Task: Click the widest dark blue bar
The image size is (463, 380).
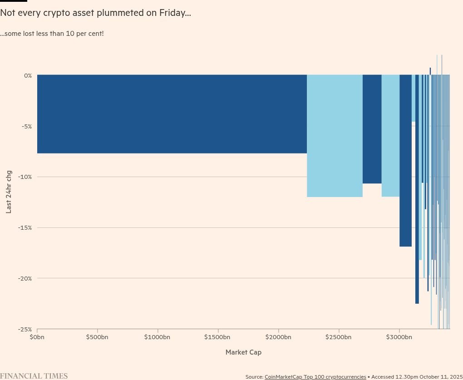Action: tap(172, 114)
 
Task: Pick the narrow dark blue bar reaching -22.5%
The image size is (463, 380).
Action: tap(417, 191)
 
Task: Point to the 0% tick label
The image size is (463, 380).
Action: tap(28, 75)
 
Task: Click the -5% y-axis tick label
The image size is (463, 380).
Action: tap(27, 126)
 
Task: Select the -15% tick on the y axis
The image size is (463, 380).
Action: tap(26, 227)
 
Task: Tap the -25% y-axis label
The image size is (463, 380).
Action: tap(26, 329)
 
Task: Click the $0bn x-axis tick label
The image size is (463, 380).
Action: tap(37, 337)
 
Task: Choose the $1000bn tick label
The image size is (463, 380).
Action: tap(157, 337)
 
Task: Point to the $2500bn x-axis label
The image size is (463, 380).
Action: tap(339, 337)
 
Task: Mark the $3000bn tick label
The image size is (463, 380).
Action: tap(399, 337)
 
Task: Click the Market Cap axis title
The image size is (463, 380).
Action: tap(243, 352)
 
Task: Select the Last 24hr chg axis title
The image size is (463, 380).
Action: tap(9, 192)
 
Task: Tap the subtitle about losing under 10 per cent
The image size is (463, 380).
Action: tap(52, 34)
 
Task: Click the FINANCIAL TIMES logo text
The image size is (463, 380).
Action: tap(34, 376)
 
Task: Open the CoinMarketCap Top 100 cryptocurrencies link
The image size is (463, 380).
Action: tap(315, 377)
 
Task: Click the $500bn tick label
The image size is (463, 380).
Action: tap(97, 337)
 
